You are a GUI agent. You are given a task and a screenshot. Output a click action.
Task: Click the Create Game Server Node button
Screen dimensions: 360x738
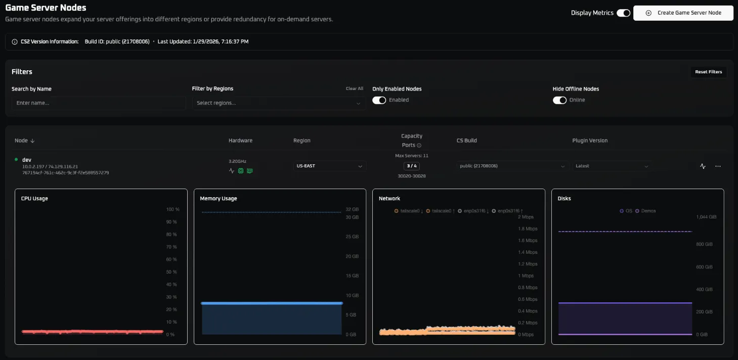click(x=683, y=13)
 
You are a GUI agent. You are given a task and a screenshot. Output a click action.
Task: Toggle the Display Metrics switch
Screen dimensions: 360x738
click(x=623, y=13)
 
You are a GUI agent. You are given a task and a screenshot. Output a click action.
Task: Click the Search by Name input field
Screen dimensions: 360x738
click(x=99, y=103)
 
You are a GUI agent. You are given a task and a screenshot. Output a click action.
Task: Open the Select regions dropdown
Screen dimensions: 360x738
click(x=279, y=103)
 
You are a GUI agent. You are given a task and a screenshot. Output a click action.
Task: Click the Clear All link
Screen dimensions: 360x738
click(x=354, y=88)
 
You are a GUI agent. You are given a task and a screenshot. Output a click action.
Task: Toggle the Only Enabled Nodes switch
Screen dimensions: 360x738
click(x=379, y=100)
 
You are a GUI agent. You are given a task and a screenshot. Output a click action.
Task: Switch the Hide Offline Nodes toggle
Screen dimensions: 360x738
click(x=559, y=100)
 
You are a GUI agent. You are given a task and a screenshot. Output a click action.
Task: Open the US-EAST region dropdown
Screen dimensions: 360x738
click(x=330, y=166)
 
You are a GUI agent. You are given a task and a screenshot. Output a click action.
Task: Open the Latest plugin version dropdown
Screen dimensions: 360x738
click(x=612, y=166)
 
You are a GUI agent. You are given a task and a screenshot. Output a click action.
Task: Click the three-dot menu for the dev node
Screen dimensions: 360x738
click(x=718, y=166)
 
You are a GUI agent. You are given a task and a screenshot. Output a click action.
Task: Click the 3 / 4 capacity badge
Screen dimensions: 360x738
click(x=412, y=166)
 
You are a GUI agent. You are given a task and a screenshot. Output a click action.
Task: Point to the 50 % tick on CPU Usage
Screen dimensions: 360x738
click(x=171, y=272)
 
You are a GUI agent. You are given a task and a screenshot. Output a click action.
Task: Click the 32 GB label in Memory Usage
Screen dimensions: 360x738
click(x=352, y=209)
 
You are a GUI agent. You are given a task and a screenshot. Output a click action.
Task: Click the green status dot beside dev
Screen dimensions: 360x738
click(x=16, y=160)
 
